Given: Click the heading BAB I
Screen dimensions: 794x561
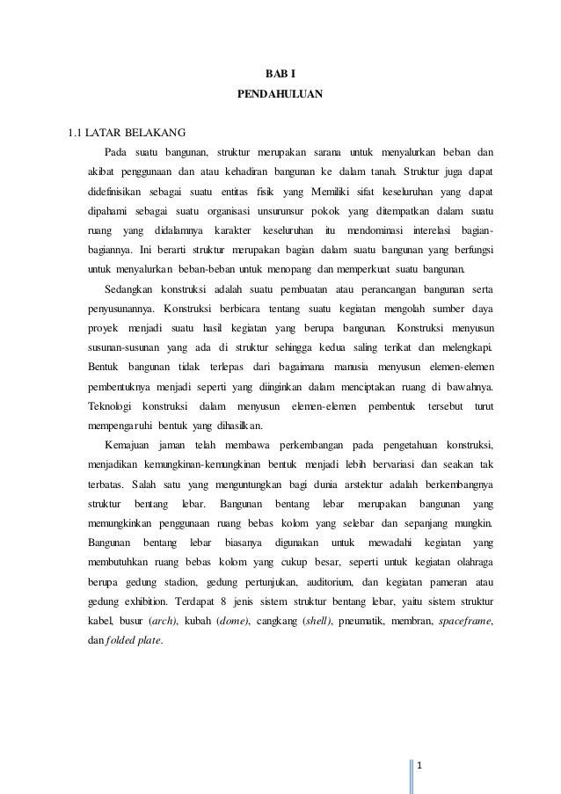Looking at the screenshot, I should click(280, 71).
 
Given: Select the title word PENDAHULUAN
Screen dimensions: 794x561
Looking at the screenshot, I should click(280, 91).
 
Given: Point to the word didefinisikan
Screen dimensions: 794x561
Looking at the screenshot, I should click(120, 191).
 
